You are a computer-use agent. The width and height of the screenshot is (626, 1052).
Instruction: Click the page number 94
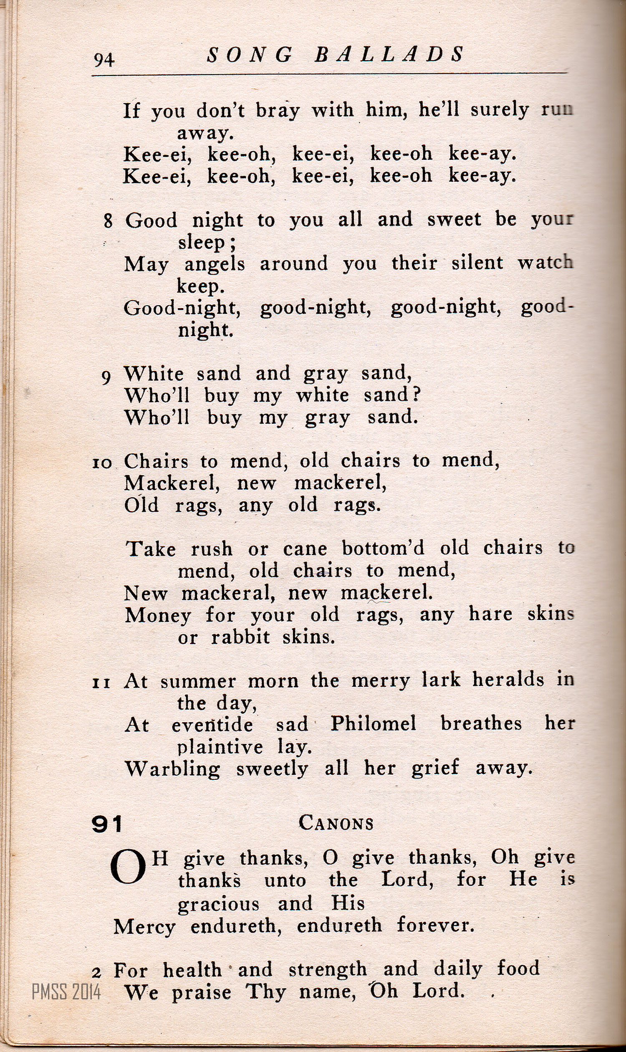104,60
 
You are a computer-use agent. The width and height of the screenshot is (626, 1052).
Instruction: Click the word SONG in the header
250,55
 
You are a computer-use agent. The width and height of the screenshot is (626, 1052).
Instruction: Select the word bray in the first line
278,111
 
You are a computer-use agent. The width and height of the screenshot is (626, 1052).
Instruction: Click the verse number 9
106,376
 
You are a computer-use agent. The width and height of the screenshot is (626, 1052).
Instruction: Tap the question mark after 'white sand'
416,395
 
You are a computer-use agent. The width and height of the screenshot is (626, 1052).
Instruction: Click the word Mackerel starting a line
172,483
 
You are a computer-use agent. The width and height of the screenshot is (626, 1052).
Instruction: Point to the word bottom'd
383,549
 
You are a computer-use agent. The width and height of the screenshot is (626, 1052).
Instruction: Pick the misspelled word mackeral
228,593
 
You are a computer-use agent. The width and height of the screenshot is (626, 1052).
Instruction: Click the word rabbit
240,637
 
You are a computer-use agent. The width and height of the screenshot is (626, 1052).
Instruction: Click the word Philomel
374,724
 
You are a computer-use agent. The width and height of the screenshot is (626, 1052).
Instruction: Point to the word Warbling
172,769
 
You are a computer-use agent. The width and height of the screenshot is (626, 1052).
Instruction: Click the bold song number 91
107,824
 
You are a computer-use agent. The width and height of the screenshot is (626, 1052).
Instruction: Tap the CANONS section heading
336,823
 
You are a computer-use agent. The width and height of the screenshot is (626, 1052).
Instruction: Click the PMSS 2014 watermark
66,991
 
